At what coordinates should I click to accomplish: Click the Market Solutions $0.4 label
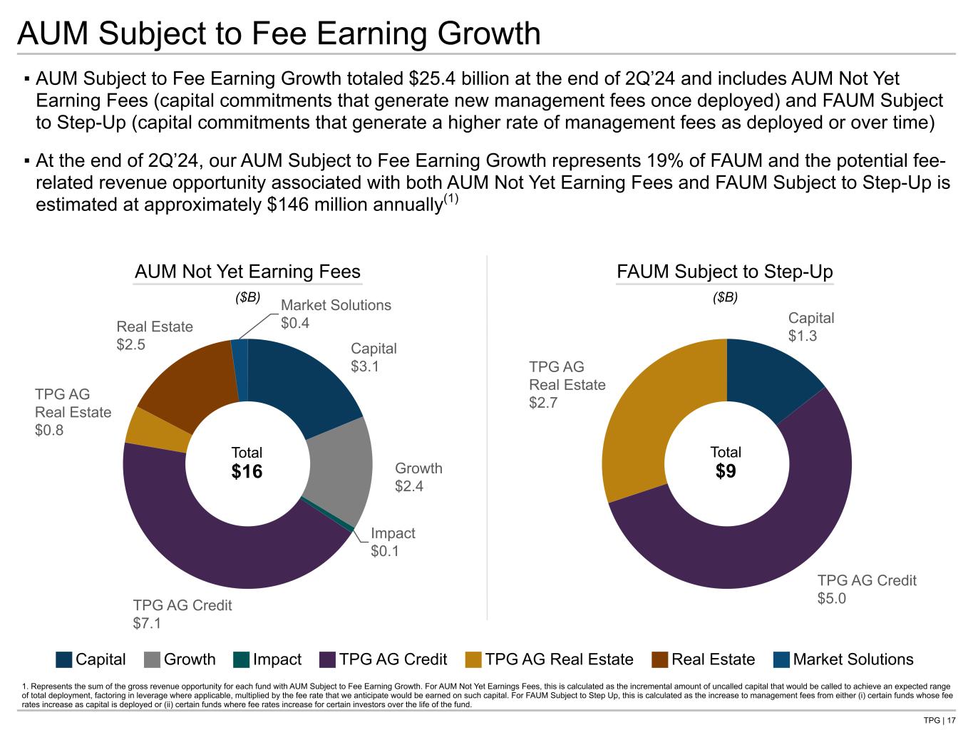coord(336,314)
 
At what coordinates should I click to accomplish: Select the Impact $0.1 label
coord(393,542)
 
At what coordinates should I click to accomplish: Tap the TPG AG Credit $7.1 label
coord(182,614)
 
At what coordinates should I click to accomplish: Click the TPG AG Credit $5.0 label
coord(866,589)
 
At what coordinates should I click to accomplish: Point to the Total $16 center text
coord(247,463)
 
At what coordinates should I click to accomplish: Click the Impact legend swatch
coord(242,659)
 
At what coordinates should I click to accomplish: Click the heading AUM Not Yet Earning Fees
coord(247,272)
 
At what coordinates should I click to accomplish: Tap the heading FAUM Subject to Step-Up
coord(724,272)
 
